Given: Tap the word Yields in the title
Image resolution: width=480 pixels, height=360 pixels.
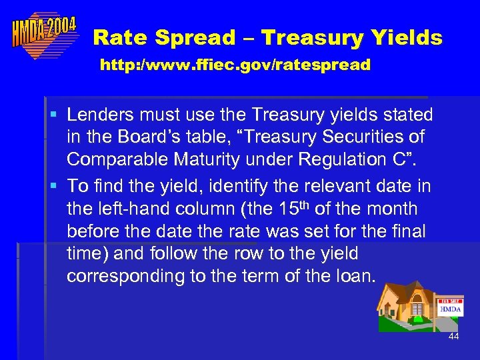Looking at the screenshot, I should tap(407, 38).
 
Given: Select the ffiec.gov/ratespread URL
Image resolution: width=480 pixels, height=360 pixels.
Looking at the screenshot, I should tap(235, 65).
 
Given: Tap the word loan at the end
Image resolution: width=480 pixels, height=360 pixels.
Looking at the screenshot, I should tap(354, 275).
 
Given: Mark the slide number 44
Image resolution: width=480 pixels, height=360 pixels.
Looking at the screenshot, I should tap(453, 337).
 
